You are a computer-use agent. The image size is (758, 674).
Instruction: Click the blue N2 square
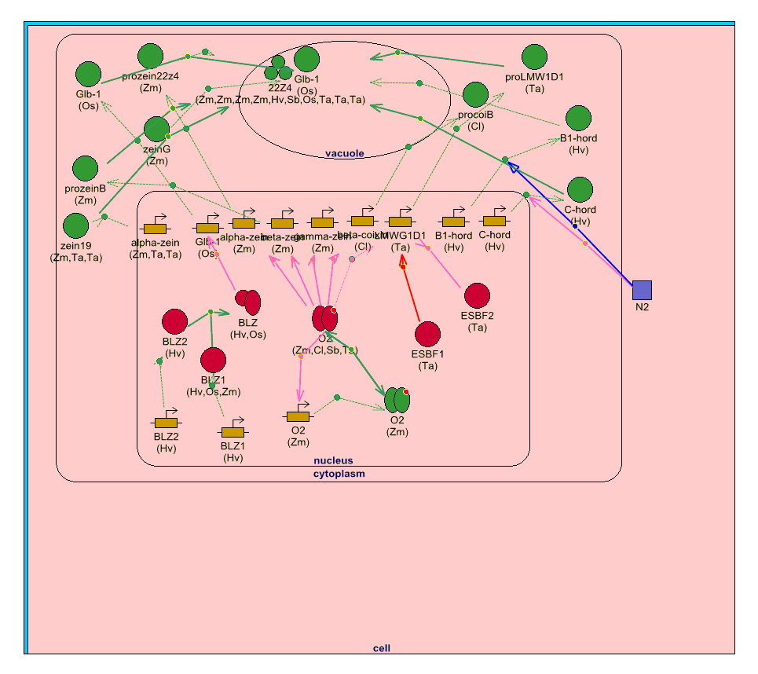pyautogui.click(x=642, y=290)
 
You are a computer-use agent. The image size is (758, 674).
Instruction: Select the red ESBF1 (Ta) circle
pyautogui.click(x=427, y=334)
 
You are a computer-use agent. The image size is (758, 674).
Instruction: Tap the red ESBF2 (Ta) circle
pyautogui.click(x=477, y=295)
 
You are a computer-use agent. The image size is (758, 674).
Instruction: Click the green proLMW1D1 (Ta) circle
pyautogui.click(x=534, y=57)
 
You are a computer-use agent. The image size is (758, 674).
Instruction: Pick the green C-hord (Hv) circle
pyautogui.click(x=580, y=189)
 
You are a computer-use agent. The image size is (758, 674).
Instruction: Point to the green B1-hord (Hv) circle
pyautogui.click(x=579, y=118)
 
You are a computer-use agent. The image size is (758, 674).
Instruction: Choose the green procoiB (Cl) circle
pyautogui.click(x=475, y=95)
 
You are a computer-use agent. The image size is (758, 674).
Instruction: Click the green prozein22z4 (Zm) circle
pyautogui.click(x=150, y=57)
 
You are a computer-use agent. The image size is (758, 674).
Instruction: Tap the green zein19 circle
pyautogui.click(x=76, y=226)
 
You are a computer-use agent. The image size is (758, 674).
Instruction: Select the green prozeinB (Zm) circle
pyautogui.click(x=85, y=169)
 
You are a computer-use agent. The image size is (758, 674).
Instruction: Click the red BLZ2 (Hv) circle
pyautogui.click(x=174, y=321)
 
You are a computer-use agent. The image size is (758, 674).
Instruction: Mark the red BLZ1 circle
pyautogui.click(x=213, y=360)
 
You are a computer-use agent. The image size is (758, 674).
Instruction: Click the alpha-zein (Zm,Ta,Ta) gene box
pyautogui.click(x=155, y=229)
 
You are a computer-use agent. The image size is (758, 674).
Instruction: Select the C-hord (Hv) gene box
pyautogui.click(x=494, y=222)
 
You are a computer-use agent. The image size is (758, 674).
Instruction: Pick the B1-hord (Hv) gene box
pyautogui.click(x=454, y=222)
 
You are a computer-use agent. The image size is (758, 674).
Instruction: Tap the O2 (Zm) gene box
pyautogui.click(x=298, y=416)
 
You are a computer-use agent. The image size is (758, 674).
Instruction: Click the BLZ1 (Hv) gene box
pyautogui.click(x=233, y=432)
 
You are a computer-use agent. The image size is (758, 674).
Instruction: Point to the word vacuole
pyautogui.click(x=345, y=153)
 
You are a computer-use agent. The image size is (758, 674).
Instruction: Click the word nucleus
pyautogui.click(x=333, y=461)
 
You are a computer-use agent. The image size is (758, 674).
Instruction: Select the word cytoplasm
pyautogui.click(x=339, y=474)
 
